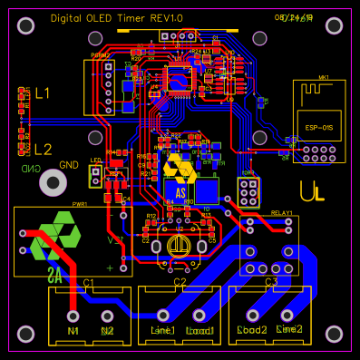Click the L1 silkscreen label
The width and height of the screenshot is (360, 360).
point(43,93)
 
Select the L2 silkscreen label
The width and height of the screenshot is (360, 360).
point(43,149)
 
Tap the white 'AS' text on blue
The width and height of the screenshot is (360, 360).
point(180,192)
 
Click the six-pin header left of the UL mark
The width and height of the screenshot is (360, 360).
point(249,191)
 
